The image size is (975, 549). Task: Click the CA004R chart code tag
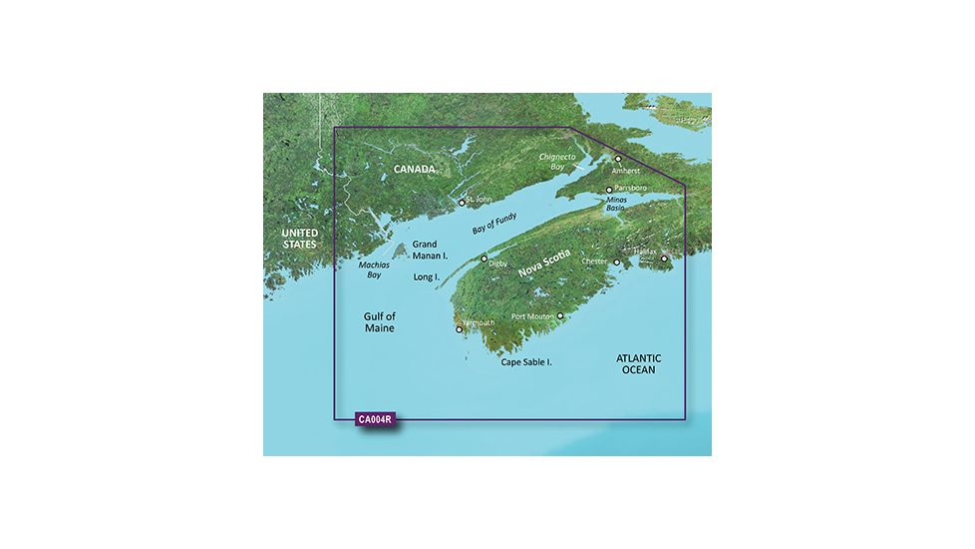(x=374, y=420)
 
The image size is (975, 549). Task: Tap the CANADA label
(x=414, y=169)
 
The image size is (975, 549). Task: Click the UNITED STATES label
(x=298, y=238)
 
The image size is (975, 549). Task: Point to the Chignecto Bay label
(x=558, y=162)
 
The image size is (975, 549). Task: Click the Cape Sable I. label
(x=526, y=362)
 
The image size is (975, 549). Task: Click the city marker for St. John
(x=462, y=203)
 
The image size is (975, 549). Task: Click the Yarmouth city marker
(x=459, y=328)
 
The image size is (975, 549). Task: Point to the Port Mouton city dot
(x=560, y=316)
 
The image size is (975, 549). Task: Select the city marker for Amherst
(x=618, y=159)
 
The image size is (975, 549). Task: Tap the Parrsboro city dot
(x=609, y=189)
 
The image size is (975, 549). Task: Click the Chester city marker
(x=617, y=263)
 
